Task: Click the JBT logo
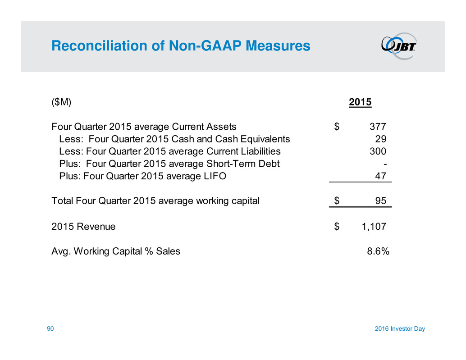click(399, 46)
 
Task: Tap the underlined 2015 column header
click(360, 102)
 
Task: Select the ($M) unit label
click(61, 102)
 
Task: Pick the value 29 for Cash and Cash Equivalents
click(381, 139)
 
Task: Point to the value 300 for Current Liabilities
click(378, 151)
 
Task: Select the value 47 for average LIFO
click(381, 176)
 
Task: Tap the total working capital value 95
click(381, 201)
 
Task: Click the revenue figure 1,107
click(374, 227)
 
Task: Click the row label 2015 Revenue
click(83, 227)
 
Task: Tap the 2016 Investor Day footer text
click(399, 329)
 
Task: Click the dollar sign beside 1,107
click(337, 227)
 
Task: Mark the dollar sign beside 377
click(337, 126)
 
